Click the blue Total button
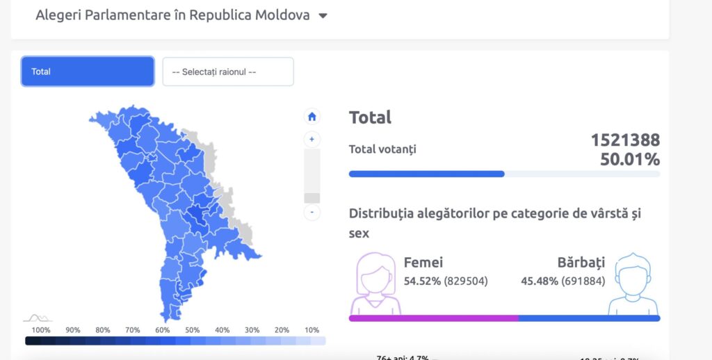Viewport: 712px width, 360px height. coord(88,72)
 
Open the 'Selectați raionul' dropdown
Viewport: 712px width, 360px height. coord(228,72)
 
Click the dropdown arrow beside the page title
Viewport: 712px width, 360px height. coord(323,16)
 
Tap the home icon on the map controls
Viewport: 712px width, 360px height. coord(312,116)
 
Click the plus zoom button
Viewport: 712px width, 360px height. coord(312,140)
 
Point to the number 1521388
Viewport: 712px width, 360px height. coord(625,140)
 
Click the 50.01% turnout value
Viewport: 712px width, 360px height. coord(630,160)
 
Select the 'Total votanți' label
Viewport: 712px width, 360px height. coord(382,149)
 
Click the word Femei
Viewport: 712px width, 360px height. coord(423,263)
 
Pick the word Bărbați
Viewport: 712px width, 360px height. coord(581,263)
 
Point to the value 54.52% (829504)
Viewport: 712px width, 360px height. coord(446,281)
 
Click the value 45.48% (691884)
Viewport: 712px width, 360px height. coord(563,281)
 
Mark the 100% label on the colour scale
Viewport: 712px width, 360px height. coord(41,330)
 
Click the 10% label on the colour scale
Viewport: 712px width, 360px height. coord(311,330)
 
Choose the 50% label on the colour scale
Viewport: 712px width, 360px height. coord(193,330)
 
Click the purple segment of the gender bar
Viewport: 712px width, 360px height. coord(433,318)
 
